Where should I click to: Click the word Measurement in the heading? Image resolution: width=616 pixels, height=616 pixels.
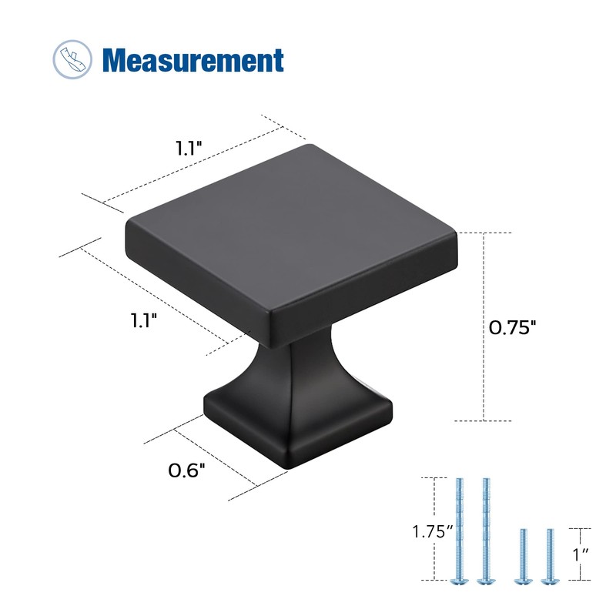[x=192, y=59]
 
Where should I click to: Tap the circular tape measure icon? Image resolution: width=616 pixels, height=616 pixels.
[x=72, y=59]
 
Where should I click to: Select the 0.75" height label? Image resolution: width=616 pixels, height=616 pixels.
[x=512, y=327]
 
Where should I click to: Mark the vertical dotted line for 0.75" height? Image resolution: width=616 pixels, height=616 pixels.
[x=484, y=326]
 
